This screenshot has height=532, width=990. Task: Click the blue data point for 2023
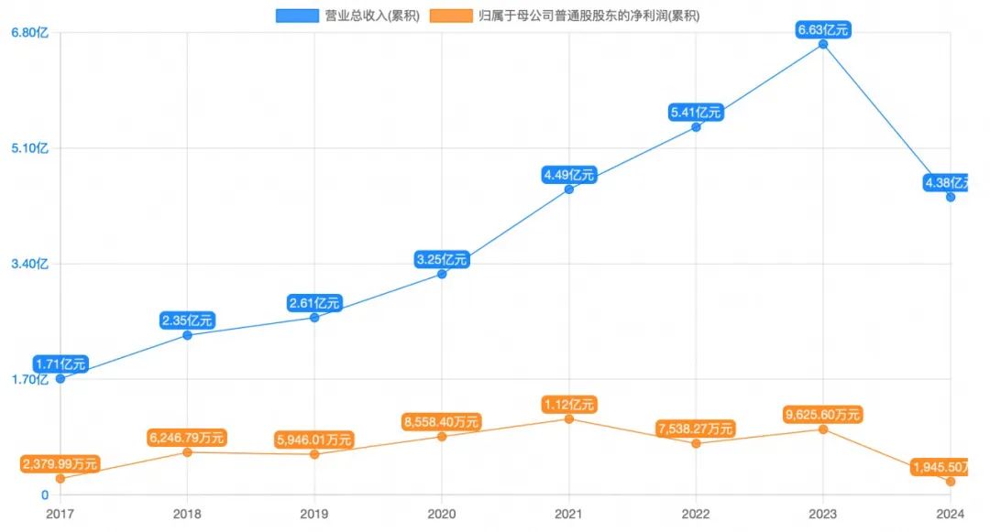(x=823, y=44)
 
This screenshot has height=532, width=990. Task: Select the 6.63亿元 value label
(x=823, y=30)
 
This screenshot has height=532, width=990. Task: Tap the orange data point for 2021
(x=569, y=418)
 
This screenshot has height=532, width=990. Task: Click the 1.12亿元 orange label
(x=569, y=404)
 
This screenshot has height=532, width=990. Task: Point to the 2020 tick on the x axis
(x=442, y=515)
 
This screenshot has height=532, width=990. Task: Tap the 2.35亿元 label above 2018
(x=187, y=320)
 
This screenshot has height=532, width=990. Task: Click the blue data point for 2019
(x=314, y=317)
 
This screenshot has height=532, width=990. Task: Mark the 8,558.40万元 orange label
(x=442, y=422)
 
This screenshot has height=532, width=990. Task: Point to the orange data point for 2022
(x=696, y=443)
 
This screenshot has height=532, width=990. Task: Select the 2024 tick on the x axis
(x=951, y=515)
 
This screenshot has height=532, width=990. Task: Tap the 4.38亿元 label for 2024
(x=951, y=183)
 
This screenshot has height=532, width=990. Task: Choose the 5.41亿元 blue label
(x=696, y=113)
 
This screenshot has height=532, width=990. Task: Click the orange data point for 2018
(x=187, y=452)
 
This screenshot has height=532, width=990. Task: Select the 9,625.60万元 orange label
(x=823, y=415)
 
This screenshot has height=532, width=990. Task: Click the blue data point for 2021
(x=569, y=190)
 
